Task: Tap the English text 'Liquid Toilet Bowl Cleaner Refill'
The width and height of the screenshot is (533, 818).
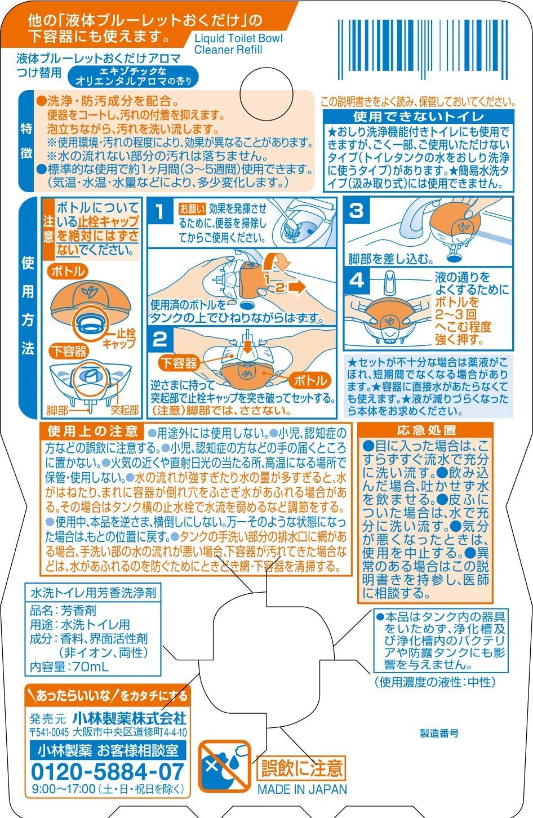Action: [238, 44]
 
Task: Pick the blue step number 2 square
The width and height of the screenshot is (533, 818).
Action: [159, 339]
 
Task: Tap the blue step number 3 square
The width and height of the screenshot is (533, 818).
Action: [356, 210]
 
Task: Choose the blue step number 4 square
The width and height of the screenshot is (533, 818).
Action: [356, 281]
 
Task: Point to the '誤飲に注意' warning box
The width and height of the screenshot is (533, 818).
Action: [301, 768]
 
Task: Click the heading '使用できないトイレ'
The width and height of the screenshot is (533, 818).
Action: [419, 117]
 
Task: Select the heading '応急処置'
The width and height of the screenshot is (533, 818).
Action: [427, 430]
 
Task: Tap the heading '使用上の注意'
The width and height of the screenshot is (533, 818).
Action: [93, 432]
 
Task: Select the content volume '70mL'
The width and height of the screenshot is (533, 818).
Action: [91, 667]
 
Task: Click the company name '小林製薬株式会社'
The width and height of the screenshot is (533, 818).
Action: [130, 719]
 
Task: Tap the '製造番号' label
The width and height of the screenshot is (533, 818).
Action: [439, 733]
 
